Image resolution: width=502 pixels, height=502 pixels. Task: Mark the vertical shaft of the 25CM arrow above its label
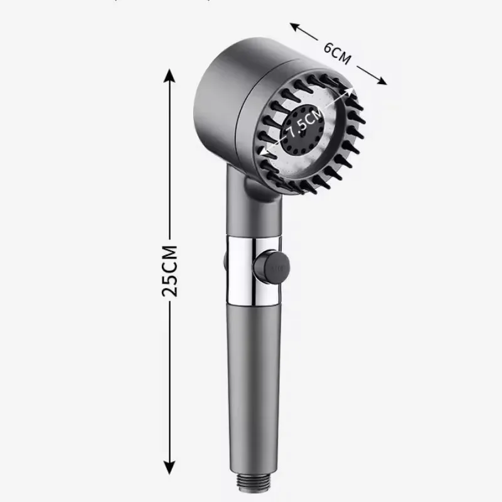168,157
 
